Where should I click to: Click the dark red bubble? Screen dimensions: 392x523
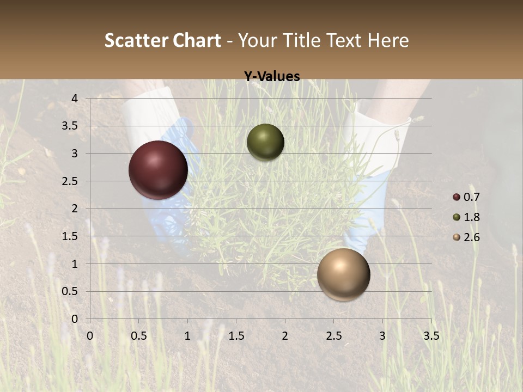[x=159, y=170]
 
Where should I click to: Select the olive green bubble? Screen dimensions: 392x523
[x=265, y=142]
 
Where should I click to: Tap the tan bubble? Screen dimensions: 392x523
[x=343, y=274]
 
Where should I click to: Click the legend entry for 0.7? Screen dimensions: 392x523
[x=466, y=197]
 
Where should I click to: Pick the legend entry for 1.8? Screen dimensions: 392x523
[x=466, y=217]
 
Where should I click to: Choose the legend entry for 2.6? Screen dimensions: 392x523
[x=466, y=237]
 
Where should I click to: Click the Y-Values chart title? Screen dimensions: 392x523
[x=272, y=77]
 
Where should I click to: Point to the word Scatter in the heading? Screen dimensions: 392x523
[x=136, y=40]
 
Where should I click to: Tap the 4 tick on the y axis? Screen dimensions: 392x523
[x=75, y=99]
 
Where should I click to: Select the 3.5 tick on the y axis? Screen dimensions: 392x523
[x=71, y=126]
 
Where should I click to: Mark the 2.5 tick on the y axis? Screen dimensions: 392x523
[x=71, y=181]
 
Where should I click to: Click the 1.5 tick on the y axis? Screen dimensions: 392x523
[x=71, y=236]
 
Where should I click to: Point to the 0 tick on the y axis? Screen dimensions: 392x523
[x=75, y=319]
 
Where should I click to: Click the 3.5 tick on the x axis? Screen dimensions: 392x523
[x=431, y=336]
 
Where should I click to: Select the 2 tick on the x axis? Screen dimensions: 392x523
[x=285, y=336]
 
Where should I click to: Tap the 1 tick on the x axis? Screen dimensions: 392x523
[x=187, y=336]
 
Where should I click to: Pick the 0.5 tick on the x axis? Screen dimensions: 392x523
[x=139, y=336]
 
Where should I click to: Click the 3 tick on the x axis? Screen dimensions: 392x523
[x=382, y=336]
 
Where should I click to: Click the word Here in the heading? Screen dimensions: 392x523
[x=388, y=40]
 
